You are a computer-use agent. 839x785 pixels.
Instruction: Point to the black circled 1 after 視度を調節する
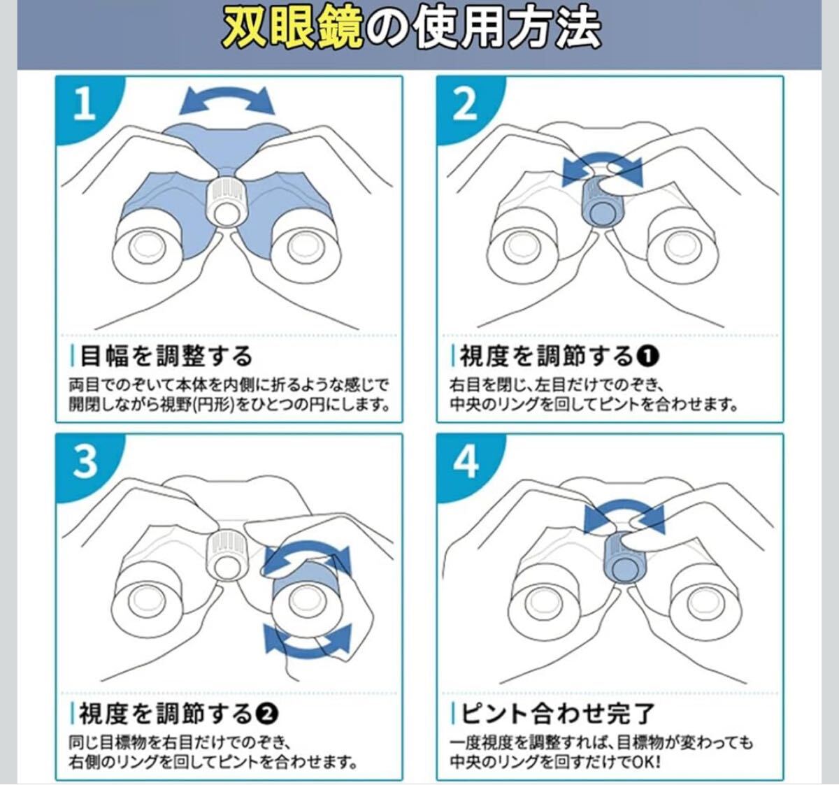[x=647, y=357]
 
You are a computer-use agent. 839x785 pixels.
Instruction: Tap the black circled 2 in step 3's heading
[x=267, y=714]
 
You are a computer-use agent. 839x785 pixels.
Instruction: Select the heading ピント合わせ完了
[x=558, y=714]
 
